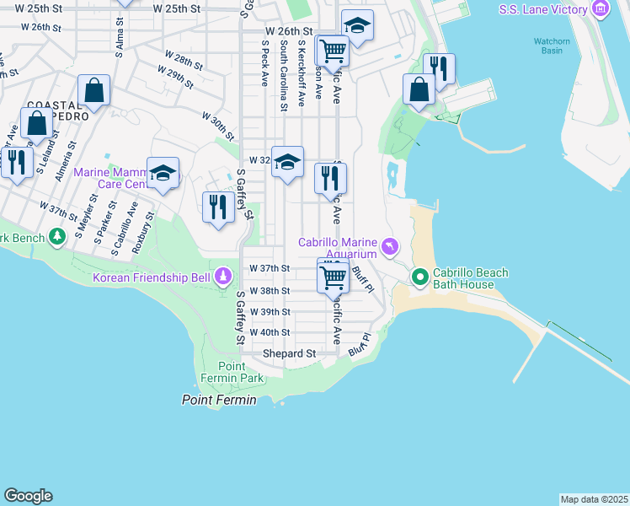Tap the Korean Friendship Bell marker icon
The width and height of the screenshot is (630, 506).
223,276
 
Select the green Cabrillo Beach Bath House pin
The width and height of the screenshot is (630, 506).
419,277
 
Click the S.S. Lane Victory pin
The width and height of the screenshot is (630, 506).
600,10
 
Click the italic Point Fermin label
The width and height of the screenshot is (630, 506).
219,400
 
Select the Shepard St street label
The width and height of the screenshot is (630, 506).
289,353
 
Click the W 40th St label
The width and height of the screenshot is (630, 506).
270,332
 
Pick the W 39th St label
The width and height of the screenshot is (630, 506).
270,311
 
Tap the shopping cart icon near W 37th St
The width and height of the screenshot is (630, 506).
334,275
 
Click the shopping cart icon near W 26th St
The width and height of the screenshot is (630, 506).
333,51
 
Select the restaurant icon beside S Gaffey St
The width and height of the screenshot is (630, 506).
218,206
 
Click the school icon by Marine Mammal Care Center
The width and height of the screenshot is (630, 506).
163,174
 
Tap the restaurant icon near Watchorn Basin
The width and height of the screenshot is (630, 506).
439,68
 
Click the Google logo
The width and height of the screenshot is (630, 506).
28,496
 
